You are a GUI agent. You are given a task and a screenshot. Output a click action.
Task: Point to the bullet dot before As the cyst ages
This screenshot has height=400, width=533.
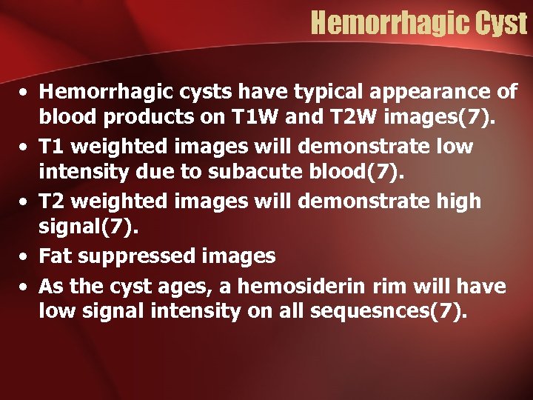(x=25, y=285)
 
